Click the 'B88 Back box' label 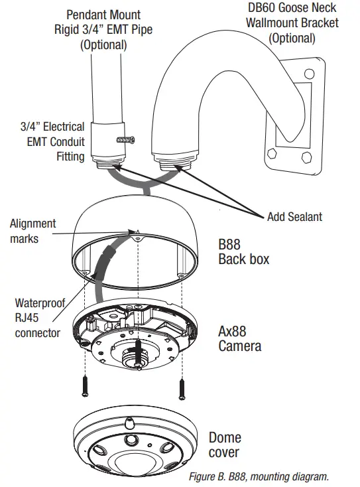pyautogui.click(x=243, y=251)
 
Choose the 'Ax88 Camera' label pyautogui.click(x=239, y=338)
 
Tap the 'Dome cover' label pyautogui.click(x=225, y=445)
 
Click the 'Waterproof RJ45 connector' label pyautogui.click(x=39, y=317)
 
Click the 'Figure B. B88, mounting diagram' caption pyautogui.click(x=259, y=476)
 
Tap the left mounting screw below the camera pyautogui.click(x=85, y=386)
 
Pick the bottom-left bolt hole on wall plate pyautogui.click(x=272, y=157)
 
